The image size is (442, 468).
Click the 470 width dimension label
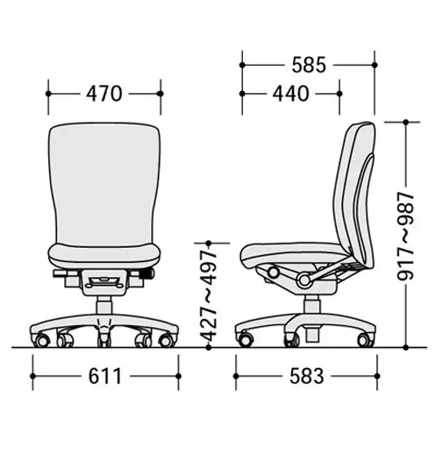click(x=104, y=94)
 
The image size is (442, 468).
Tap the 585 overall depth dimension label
click(x=309, y=65)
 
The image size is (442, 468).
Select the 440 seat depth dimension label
click(x=290, y=94)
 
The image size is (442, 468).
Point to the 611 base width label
click(x=105, y=376)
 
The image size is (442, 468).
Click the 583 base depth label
click(x=307, y=376)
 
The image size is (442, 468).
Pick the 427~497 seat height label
click(x=208, y=295)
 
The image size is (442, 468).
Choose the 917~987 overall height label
click(x=405, y=237)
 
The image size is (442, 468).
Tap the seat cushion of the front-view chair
click(x=104, y=256)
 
